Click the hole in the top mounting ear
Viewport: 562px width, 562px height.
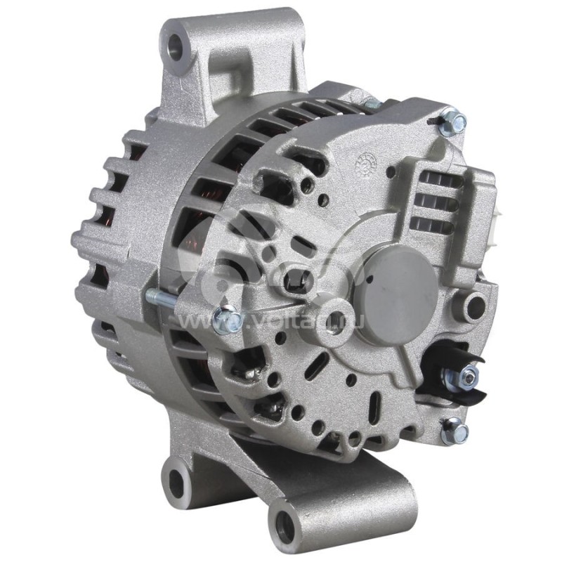coord(175,46)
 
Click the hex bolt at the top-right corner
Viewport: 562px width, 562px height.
coord(457,123)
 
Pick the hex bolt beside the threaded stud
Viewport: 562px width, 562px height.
coord(226,320)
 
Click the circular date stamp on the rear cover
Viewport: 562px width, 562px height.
coord(367,163)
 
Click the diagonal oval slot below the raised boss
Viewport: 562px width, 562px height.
coord(320,366)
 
